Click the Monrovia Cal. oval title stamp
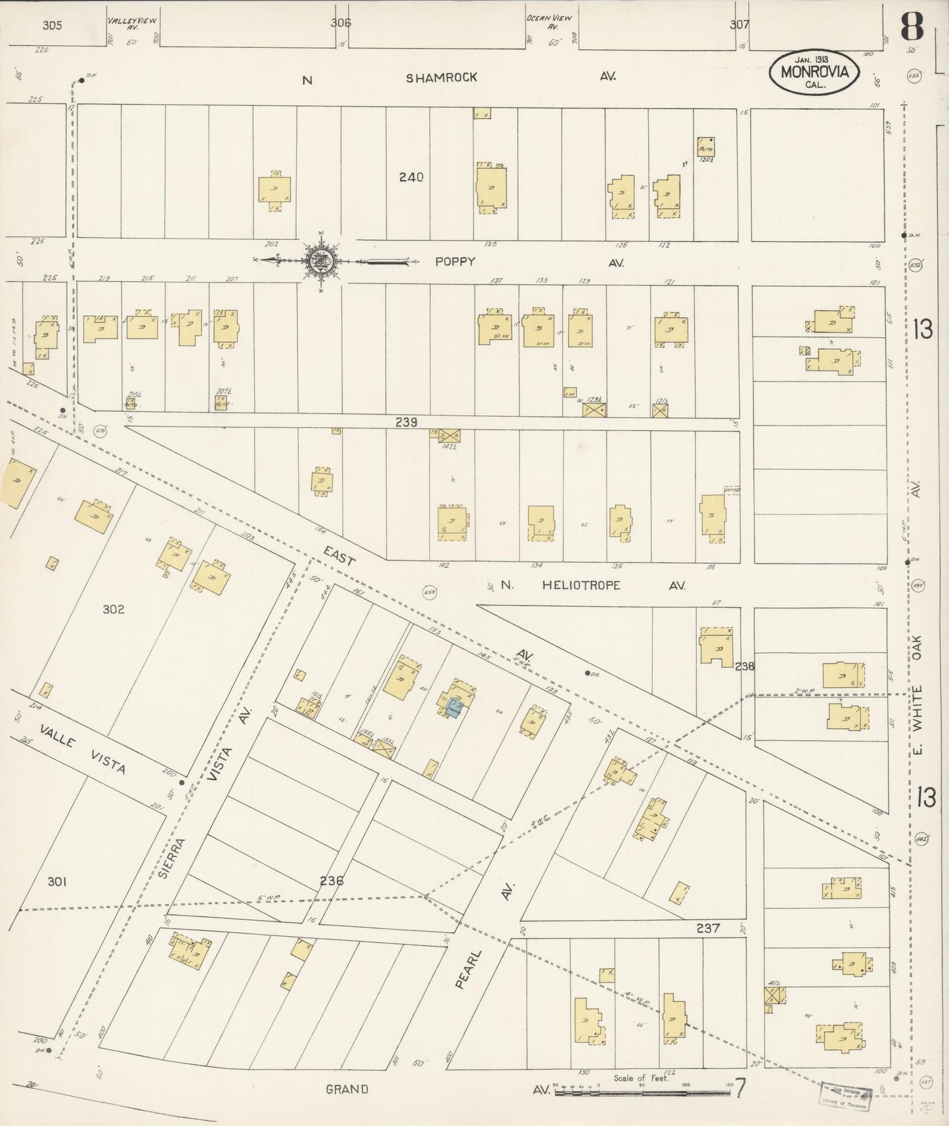point(814,72)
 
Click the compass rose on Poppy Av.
point(321,261)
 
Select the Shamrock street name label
point(441,78)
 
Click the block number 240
point(411,177)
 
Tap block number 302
point(113,609)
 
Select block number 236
point(332,880)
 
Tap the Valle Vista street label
point(81,749)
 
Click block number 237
point(708,928)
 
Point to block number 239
point(406,422)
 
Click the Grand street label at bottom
point(347,1089)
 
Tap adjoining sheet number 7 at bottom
point(739,1089)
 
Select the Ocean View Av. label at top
point(549,24)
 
